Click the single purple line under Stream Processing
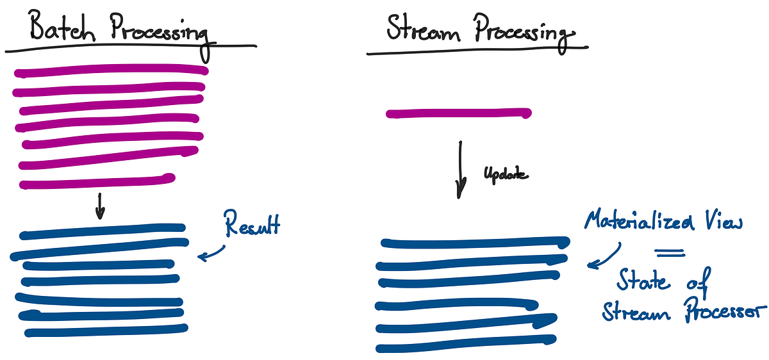coord(458,114)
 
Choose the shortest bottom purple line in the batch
coord(96,183)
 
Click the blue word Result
coord(251,225)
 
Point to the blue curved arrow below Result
coord(213,252)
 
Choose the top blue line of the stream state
coord(474,243)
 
